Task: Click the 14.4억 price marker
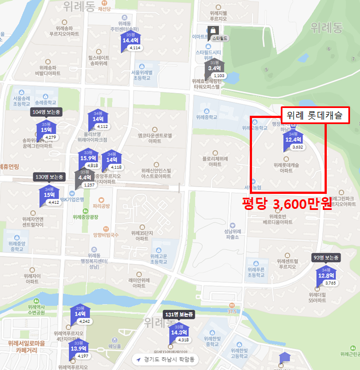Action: pos(130,40)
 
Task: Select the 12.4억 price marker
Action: pos(292,140)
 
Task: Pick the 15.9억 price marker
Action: pos(89,158)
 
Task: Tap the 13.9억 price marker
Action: pos(79,348)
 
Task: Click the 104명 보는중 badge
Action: pos(47,112)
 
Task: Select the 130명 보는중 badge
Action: pos(50,177)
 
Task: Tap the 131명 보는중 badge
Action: pos(179,315)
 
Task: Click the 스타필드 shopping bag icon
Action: pos(212,30)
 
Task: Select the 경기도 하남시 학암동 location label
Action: pos(166,359)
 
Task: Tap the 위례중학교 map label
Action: pos(207,117)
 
